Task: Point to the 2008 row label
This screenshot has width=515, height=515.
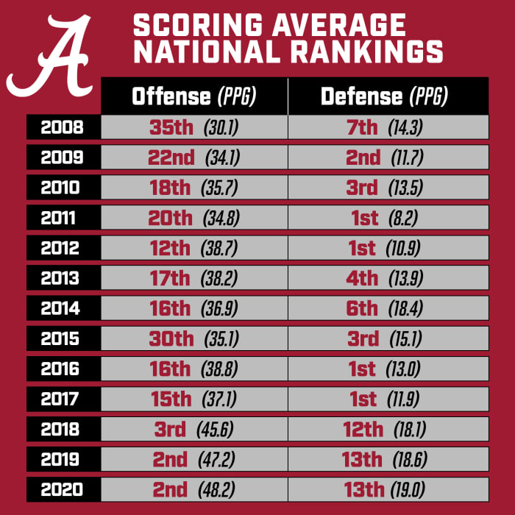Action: click(x=62, y=127)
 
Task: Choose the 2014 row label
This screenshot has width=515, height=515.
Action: click(x=62, y=308)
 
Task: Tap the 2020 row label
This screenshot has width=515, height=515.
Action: click(x=62, y=489)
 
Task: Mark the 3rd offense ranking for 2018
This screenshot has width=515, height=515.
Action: click(x=170, y=429)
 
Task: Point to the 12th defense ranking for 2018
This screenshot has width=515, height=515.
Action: click(x=363, y=429)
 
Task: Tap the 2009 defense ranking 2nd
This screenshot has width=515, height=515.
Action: click(x=363, y=157)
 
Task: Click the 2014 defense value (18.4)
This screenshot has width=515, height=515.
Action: click(x=405, y=309)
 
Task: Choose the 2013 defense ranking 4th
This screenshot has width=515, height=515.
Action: click(x=362, y=278)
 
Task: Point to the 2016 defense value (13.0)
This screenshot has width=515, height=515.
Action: click(x=403, y=369)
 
